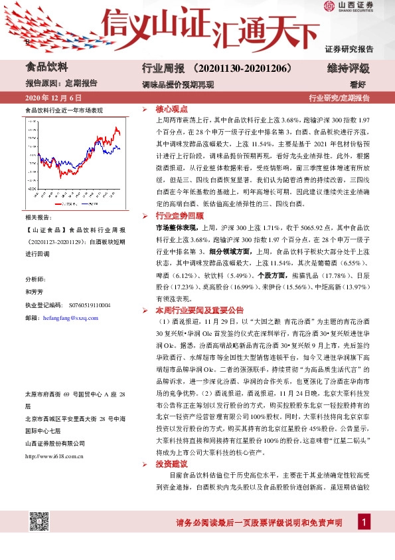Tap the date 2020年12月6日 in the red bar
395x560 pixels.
(47, 98)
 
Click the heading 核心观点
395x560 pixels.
(171, 108)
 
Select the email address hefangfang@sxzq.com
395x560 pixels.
(70, 319)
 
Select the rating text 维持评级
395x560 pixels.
(348, 69)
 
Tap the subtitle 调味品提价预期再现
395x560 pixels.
(178, 84)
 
